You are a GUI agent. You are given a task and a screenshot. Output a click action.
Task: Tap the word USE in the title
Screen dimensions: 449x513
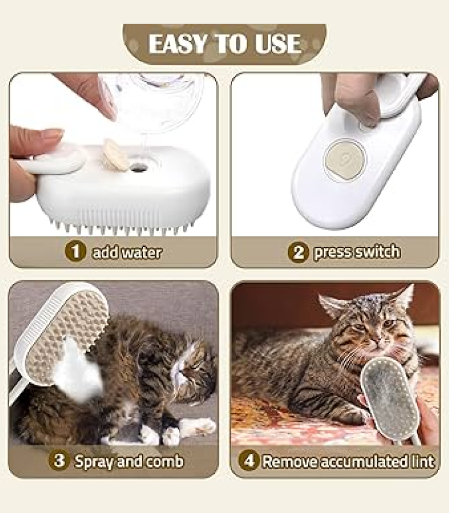278,44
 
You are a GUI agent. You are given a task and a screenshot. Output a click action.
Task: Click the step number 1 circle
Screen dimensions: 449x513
75,251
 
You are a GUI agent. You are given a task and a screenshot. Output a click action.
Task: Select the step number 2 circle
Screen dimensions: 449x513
298,252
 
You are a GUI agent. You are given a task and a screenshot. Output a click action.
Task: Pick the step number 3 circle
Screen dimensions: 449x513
59,460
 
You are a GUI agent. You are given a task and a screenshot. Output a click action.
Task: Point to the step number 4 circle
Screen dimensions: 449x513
249,460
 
